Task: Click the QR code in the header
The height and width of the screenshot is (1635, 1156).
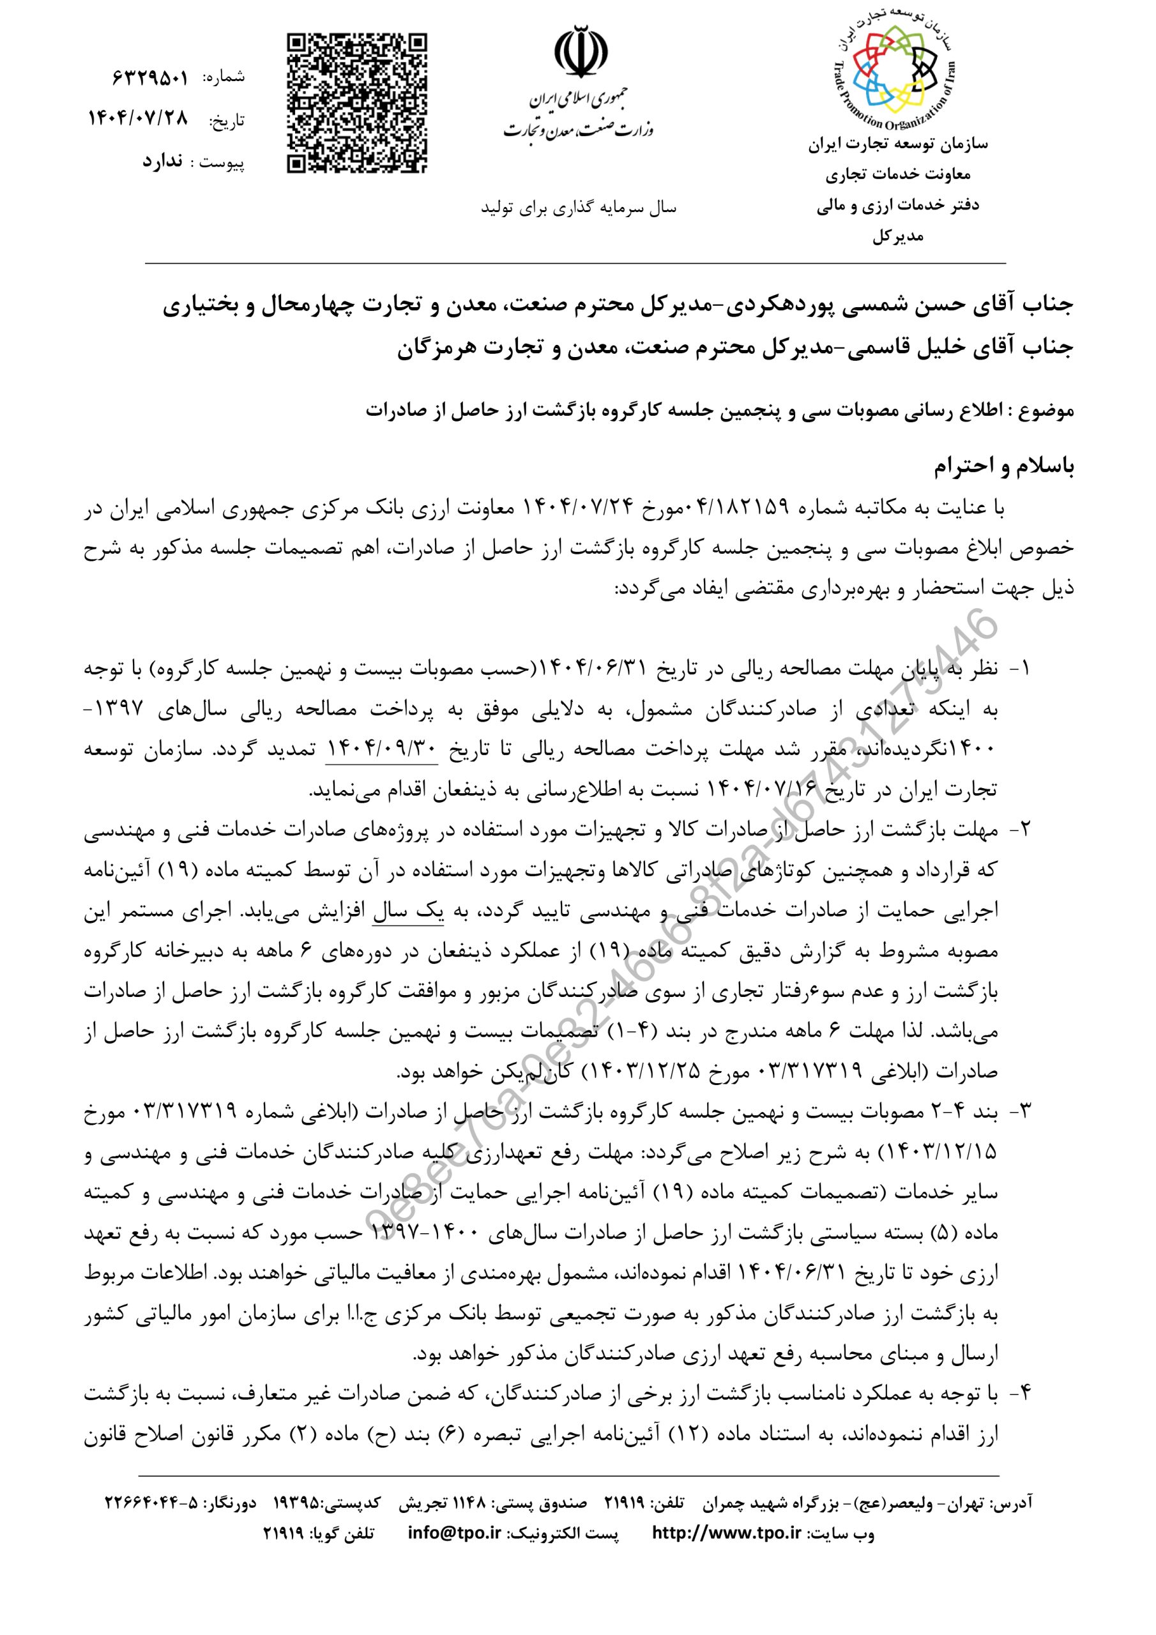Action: coord(358,103)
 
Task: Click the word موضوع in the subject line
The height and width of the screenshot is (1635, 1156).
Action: coord(1046,411)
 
